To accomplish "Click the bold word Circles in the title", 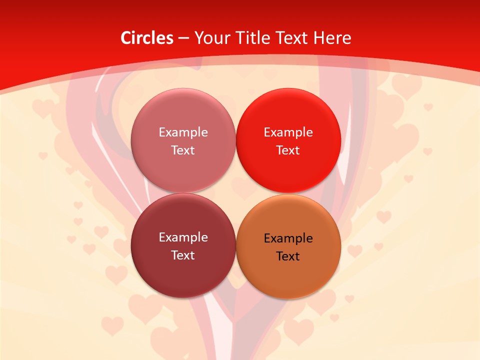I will tap(146, 38).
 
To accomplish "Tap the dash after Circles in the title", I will tap(183, 38).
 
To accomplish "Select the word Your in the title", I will tap(210, 38).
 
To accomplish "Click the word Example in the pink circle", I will tap(183, 132).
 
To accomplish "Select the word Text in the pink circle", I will tap(183, 150).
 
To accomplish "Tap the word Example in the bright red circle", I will tap(288, 132).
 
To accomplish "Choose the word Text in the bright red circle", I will tap(288, 150).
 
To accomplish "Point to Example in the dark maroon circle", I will tap(183, 237).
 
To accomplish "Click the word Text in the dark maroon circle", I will tap(183, 255).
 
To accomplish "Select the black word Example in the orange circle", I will tap(288, 238).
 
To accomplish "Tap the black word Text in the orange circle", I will tap(288, 256).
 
